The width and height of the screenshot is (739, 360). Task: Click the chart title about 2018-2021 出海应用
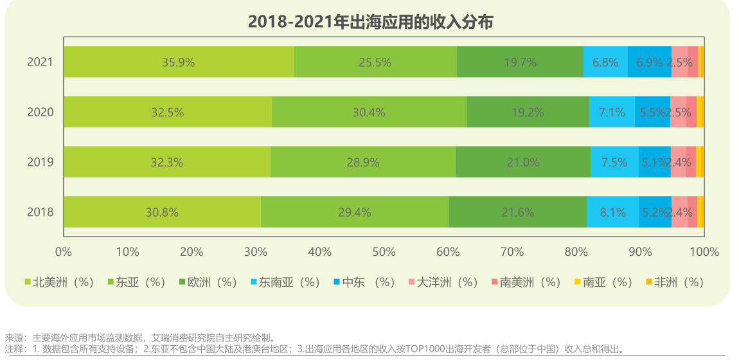370,22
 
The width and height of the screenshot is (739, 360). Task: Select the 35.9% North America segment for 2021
178,62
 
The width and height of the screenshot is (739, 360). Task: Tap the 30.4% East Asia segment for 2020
369,112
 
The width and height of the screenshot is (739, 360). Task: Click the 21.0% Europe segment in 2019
523,162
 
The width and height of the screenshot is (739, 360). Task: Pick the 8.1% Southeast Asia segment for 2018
612,212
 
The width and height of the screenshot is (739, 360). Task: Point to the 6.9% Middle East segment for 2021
649,62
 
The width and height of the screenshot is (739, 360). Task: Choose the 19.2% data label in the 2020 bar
528,112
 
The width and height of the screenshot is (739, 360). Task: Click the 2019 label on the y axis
40,162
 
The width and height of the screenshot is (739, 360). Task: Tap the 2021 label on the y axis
40,62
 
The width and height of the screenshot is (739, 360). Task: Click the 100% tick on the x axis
704,251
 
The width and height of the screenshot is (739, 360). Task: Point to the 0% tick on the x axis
64,251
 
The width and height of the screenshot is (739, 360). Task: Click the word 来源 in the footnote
13,337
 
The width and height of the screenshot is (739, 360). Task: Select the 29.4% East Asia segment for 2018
355,212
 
